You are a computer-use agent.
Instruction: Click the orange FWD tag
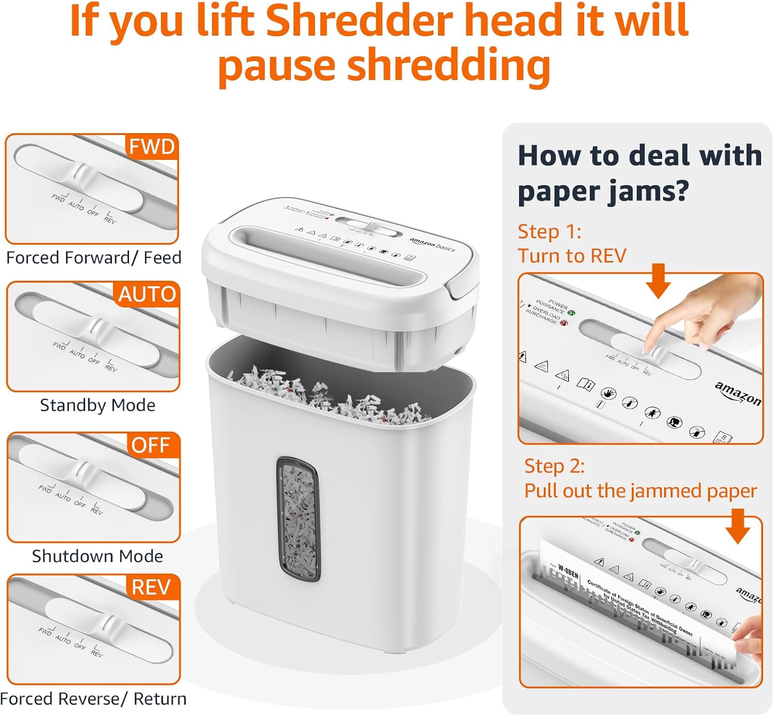[x=152, y=147]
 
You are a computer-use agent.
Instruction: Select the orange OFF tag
[x=150, y=445]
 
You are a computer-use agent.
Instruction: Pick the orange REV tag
[x=151, y=588]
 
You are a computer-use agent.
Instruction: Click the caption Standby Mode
[x=98, y=405]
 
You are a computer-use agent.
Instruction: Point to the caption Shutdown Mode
[x=98, y=556]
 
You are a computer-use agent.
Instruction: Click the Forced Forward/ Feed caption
[x=93, y=257]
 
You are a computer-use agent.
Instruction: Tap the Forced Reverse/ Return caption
[x=93, y=699]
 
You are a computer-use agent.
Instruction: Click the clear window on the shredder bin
[x=298, y=520]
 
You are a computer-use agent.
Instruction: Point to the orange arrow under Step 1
[x=658, y=281]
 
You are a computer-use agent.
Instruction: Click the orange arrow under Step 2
[x=738, y=526]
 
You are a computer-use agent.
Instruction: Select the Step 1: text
[x=550, y=232]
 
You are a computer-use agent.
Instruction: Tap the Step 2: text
[x=555, y=466]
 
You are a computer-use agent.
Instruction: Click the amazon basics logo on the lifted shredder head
[x=432, y=245]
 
